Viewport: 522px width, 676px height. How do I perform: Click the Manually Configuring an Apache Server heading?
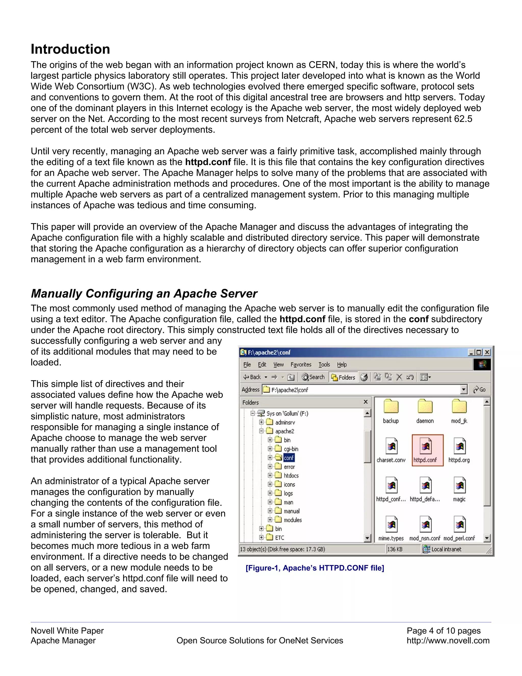click(144, 293)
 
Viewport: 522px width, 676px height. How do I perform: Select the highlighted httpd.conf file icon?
click(425, 447)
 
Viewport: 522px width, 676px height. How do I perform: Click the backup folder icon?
click(391, 407)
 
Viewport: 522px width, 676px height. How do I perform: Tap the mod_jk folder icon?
click(459, 407)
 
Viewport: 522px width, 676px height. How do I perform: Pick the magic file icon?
click(460, 486)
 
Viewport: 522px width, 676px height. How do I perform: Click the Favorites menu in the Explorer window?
click(301, 365)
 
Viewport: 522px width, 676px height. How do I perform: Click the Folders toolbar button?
click(343, 377)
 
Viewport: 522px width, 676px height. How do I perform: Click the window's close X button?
click(487, 352)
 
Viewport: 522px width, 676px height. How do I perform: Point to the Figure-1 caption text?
click(315, 568)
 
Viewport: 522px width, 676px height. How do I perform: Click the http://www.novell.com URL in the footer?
click(448, 640)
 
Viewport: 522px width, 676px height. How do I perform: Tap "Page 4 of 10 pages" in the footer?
click(443, 631)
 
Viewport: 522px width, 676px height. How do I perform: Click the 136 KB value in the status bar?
click(395, 549)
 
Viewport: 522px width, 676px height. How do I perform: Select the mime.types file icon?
click(391, 525)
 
